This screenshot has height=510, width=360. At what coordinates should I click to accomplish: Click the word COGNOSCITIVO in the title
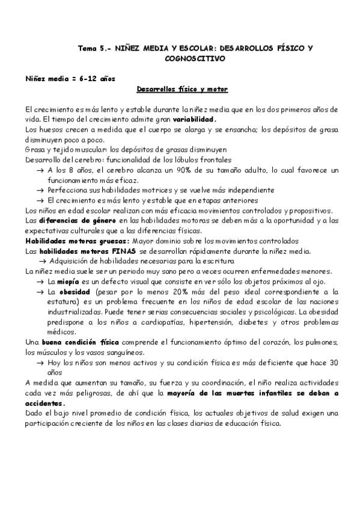pyautogui.click(x=194, y=59)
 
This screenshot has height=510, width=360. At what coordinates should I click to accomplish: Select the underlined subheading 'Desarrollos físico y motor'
pyautogui.click(x=182, y=89)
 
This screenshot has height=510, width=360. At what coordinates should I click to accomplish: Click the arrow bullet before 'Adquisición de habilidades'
pyautogui.click(x=43, y=260)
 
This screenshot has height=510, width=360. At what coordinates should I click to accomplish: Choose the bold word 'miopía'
pyautogui.click(x=69, y=281)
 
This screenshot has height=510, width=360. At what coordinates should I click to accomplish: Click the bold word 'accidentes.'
pyautogui.click(x=45, y=403)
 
